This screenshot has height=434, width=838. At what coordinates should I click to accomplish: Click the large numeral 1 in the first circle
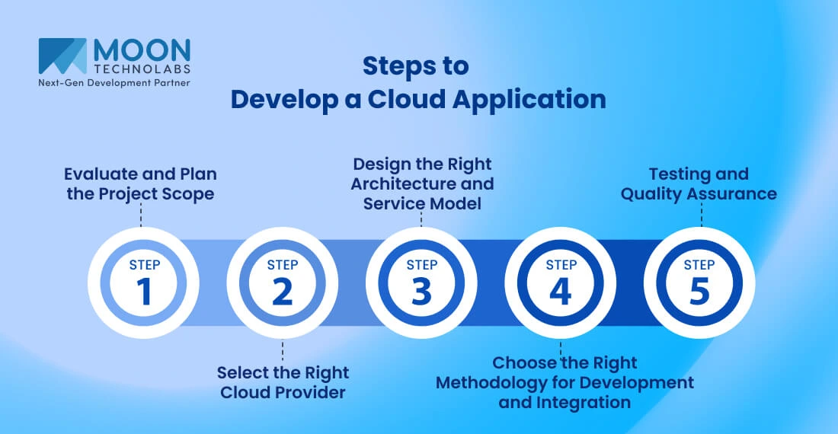pyautogui.click(x=143, y=292)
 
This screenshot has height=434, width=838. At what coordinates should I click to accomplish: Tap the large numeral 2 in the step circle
pyautogui.click(x=283, y=292)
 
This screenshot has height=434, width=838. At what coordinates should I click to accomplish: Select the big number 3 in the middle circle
pyautogui.click(x=421, y=292)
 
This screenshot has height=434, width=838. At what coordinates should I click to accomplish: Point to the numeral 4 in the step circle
pyautogui.click(x=561, y=292)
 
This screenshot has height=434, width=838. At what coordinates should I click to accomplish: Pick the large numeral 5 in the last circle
pyautogui.click(x=699, y=292)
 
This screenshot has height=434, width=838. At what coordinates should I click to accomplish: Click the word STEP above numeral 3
pyautogui.click(x=421, y=265)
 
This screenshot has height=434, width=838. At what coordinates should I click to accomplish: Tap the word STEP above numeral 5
pyautogui.click(x=699, y=265)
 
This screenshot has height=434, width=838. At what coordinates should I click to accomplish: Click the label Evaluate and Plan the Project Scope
pyautogui.click(x=140, y=183)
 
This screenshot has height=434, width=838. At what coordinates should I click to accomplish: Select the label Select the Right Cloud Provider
pyautogui.click(x=283, y=382)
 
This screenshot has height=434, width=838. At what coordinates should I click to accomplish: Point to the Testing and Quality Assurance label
pyautogui.click(x=699, y=183)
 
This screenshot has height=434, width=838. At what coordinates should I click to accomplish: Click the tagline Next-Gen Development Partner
pyautogui.click(x=114, y=82)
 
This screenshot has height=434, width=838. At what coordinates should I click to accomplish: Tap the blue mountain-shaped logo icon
pyautogui.click(x=62, y=56)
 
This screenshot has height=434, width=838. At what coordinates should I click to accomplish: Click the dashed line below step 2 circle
pyautogui.click(x=283, y=351)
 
